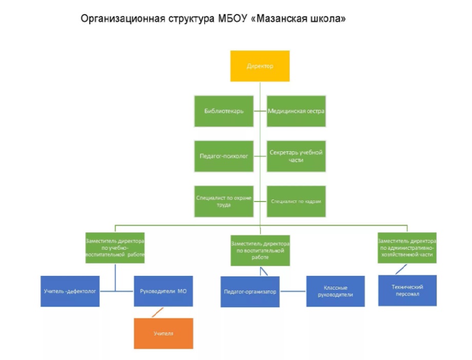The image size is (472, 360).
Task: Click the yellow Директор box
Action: (x=260, y=66)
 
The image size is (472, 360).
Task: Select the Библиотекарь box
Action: (x=224, y=111)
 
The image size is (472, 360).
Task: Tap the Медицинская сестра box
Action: (x=297, y=111)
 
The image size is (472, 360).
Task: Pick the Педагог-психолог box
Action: (x=224, y=156)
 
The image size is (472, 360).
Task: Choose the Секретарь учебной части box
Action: (x=297, y=156)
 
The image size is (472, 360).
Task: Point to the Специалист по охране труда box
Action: (x=224, y=201)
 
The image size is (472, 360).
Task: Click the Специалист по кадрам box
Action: (x=297, y=201)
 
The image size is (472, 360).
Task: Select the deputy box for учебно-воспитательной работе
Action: (x=114, y=248)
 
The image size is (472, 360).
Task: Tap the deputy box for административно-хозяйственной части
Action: (x=407, y=248)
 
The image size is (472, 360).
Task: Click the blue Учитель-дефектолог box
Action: (x=70, y=291)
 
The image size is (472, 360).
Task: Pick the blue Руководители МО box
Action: (x=163, y=291)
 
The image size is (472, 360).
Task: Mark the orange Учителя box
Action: (x=163, y=333)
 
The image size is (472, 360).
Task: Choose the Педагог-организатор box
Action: (x=250, y=292)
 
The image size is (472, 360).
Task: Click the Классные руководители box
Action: (x=336, y=291)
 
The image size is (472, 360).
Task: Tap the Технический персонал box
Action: (x=407, y=290)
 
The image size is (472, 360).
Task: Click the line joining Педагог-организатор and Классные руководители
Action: (x=292, y=292)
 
